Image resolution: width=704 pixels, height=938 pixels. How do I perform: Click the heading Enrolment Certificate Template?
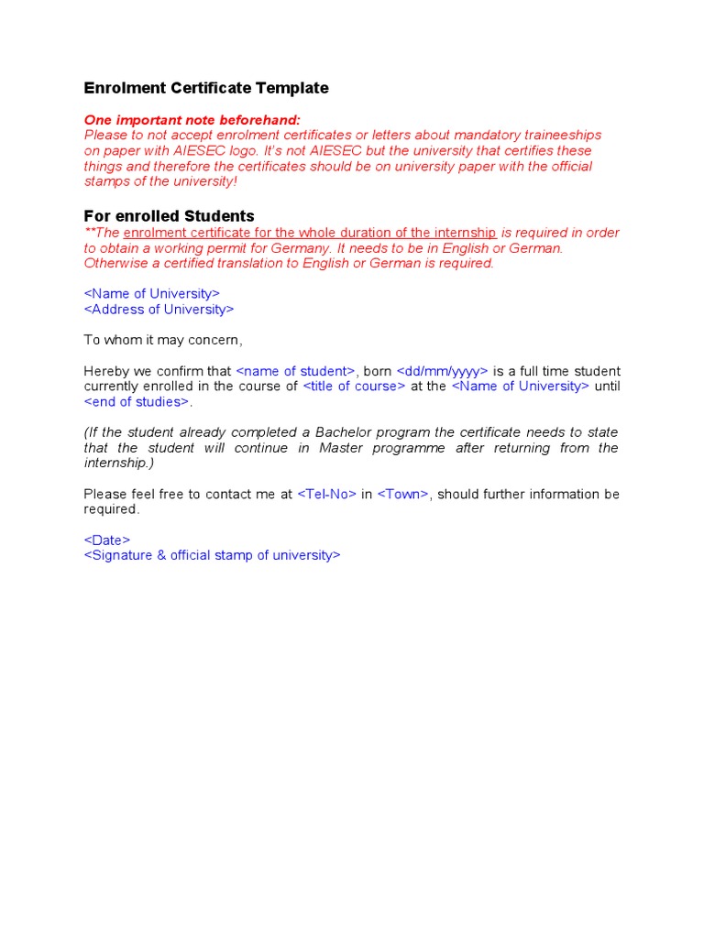click(x=206, y=88)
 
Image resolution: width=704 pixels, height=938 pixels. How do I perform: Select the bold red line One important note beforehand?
click(x=192, y=120)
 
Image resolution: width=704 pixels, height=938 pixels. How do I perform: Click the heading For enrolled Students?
click(x=169, y=216)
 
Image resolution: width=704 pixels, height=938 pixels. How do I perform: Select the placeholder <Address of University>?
click(x=159, y=310)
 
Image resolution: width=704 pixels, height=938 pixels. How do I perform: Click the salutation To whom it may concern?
click(x=163, y=341)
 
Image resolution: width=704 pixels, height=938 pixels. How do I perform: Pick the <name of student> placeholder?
click(x=295, y=371)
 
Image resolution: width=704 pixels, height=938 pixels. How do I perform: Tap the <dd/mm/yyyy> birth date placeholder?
click(x=443, y=371)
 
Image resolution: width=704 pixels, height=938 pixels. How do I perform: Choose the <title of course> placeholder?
click(x=354, y=387)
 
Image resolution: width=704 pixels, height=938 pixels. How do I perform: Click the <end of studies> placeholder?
click(x=137, y=402)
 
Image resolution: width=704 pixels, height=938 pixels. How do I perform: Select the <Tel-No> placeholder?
click(x=327, y=495)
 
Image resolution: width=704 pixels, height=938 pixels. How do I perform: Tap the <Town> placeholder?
click(x=403, y=495)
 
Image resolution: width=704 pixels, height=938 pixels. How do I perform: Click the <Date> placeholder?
click(x=107, y=540)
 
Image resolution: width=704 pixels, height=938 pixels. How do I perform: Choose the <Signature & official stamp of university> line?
click(x=212, y=556)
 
